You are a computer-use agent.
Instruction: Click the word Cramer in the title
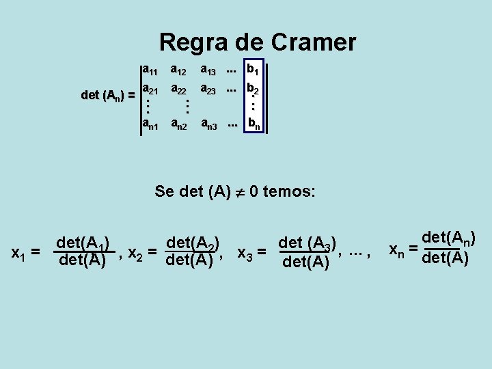point(314,42)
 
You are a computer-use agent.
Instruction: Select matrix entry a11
point(150,69)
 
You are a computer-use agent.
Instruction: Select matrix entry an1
point(150,124)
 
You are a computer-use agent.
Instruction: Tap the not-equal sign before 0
point(239,192)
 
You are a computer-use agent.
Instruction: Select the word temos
point(287,191)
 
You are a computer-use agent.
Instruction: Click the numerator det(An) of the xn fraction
point(449,238)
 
